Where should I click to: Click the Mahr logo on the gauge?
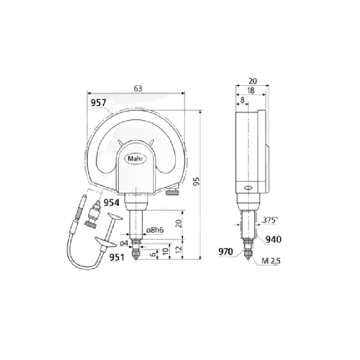click(x=136, y=159)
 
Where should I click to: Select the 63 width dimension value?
click(x=138, y=89)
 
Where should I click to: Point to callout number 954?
click(x=112, y=202)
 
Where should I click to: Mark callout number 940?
click(x=273, y=239)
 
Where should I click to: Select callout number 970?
click(x=226, y=251)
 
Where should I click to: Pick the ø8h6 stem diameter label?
click(x=154, y=230)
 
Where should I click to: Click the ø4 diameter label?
click(x=125, y=243)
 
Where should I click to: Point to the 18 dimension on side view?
click(x=251, y=90)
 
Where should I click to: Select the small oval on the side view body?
click(x=248, y=188)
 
